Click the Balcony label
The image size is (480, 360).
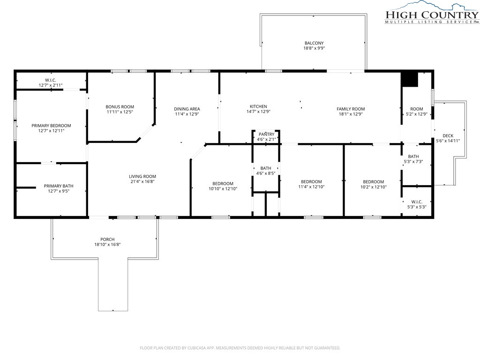pyautogui.click(x=314, y=43)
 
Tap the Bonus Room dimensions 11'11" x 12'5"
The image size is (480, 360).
pyautogui.click(x=120, y=112)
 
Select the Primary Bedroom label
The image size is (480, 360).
pyautogui.click(x=51, y=126)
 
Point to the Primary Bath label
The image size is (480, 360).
pyautogui.click(x=59, y=186)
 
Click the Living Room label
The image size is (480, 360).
pyautogui.click(x=142, y=176)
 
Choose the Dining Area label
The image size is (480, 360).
pyautogui.click(x=187, y=109)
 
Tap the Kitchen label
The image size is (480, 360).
pyautogui.click(x=258, y=106)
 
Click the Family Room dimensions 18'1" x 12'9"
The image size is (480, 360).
pyautogui.click(x=351, y=114)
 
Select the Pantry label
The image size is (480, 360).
pyautogui.click(x=266, y=135)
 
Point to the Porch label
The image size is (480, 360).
pyautogui.click(x=107, y=240)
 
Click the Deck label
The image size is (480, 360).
pyautogui.click(x=448, y=135)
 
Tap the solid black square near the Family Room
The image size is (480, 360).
pyautogui.click(x=410, y=79)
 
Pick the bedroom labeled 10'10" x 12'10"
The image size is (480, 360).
pyautogui.click(x=223, y=186)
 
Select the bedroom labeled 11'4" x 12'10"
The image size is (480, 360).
pyautogui.click(x=311, y=184)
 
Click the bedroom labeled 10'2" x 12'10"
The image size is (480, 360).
pyautogui.click(x=374, y=184)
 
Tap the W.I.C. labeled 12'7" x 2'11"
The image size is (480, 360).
pyautogui.click(x=51, y=82)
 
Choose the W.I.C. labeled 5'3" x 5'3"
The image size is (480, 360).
pyautogui.click(x=417, y=204)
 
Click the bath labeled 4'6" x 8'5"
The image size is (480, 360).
pyautogui.click(x=266, y=171)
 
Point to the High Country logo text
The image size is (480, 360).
pyautogui.click(x=432, y=15)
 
